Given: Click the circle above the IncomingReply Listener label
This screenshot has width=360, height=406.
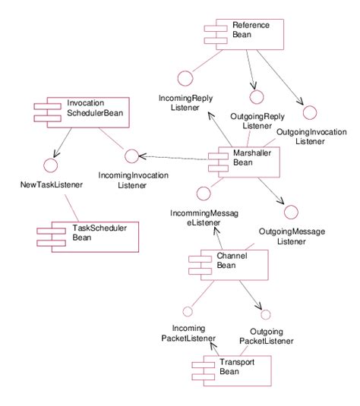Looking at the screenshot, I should (182, 77).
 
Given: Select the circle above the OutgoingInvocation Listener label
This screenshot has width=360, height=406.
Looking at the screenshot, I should (309, 112).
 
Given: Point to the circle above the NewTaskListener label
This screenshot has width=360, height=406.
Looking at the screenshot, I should (51, 164).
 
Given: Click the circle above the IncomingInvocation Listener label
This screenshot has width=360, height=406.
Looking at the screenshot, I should (131, 156).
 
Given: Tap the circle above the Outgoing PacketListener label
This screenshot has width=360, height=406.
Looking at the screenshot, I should (265, 314).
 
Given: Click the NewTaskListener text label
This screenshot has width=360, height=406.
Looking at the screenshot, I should (51, 184).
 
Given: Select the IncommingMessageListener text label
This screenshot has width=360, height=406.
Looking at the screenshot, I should (204, 219).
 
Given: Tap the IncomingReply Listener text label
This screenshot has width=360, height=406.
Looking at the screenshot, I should (179, 103).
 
